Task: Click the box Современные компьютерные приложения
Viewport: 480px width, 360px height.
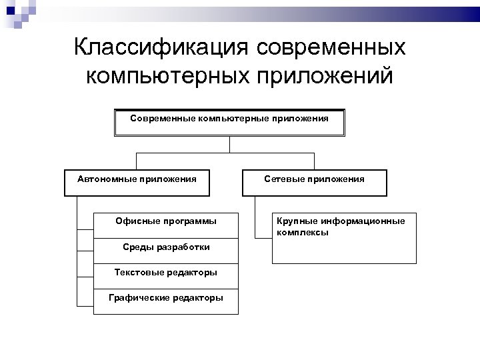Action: click(x=229, y=122)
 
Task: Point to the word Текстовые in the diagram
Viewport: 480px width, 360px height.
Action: click(x=138, y=272)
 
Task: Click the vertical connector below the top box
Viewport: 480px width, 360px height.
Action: click(x=230, y=145)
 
